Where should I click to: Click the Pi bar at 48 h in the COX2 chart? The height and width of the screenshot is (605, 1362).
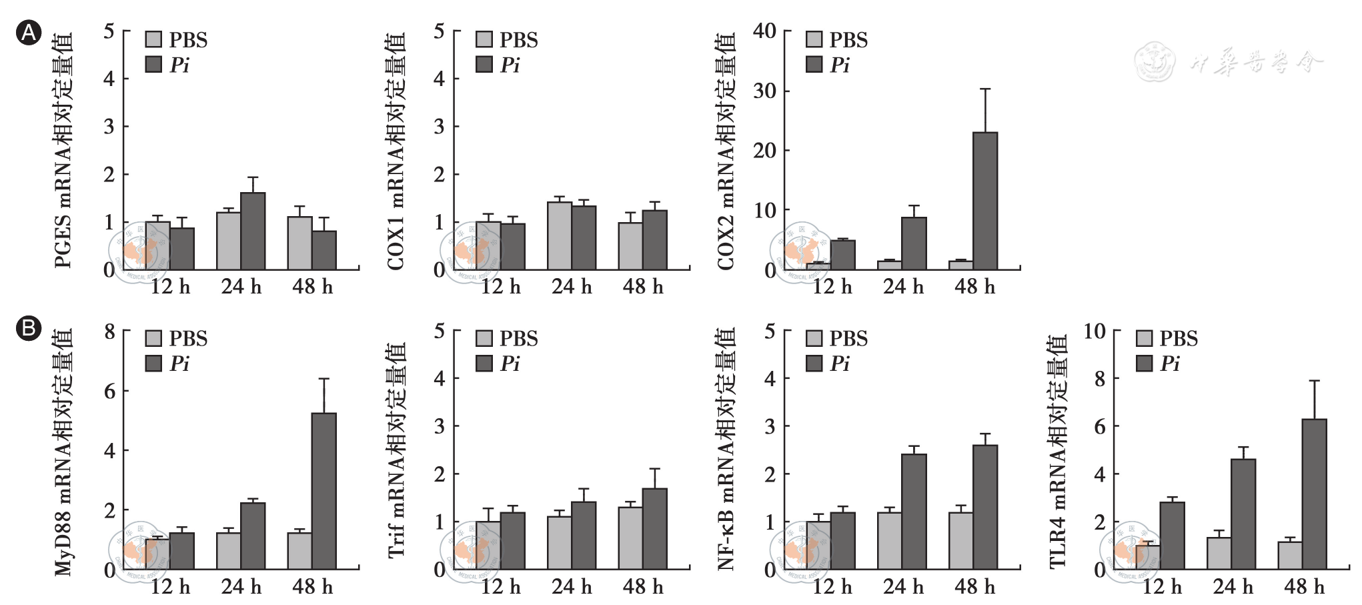985,201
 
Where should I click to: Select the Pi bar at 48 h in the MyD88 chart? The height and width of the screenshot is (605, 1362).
324,491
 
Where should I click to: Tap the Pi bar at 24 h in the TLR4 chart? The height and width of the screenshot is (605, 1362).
1243,514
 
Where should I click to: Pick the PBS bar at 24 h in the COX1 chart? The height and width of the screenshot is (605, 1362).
560,235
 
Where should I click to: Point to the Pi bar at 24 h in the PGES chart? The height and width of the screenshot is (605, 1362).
253,231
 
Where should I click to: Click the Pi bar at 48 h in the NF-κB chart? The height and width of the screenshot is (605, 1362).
985,507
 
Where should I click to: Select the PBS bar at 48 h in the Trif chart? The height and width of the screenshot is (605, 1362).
630,538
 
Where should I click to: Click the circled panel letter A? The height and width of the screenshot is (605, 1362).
29,33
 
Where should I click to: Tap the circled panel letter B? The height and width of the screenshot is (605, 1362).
29,329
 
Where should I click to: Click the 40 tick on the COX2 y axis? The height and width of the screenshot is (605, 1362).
764,31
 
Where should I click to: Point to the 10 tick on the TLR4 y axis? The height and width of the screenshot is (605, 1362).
1094,331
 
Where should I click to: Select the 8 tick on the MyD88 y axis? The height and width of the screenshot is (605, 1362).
109,332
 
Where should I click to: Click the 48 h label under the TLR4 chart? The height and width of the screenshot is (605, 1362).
1304,587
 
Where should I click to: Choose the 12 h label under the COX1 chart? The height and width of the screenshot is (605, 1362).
500,287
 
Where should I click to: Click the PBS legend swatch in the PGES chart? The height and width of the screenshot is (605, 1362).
153,39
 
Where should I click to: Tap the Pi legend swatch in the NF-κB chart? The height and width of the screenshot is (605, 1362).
814,364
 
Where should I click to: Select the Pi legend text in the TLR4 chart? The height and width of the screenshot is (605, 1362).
1170,364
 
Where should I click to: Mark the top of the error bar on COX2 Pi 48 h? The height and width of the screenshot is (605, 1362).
985,89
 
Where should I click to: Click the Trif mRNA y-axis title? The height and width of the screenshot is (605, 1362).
396,450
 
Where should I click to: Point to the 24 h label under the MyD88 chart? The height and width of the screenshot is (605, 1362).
241,587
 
